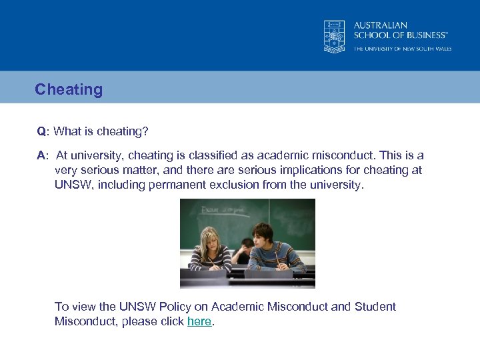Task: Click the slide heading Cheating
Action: (x=69, y=89)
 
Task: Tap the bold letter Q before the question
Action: (x=41, y=131)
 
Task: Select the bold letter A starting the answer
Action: (x=41, y=155)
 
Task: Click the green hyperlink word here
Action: (x=199, y=321)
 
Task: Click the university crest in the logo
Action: (x=335, y=36)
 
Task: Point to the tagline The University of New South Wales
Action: (x=402, y=49)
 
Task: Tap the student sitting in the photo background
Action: (x=245, y=248)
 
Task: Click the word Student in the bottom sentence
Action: (x=375, y=307)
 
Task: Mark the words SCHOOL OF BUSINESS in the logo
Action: (x=400, y=35)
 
